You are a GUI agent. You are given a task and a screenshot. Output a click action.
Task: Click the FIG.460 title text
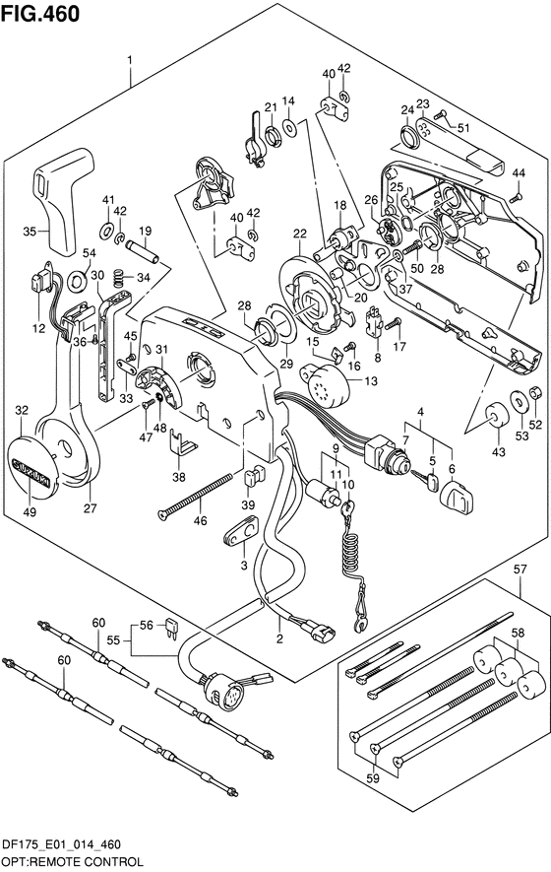point(40,14)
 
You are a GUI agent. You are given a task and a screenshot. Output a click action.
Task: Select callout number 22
point(300,235)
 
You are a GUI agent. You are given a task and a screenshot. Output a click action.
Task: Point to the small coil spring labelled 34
point(117,275)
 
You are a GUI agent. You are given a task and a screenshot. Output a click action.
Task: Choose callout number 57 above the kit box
point(520,569)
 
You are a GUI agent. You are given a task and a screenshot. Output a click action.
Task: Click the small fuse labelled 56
point(171,627)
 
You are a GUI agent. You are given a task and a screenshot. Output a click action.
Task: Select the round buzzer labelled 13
point(324,382)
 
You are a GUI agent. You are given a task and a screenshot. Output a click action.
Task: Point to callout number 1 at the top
point(130,59)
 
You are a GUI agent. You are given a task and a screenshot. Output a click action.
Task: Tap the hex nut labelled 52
point(535,392)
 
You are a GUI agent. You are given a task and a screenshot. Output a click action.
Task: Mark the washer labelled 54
point(76,281)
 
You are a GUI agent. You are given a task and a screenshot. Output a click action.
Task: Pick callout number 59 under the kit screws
point(373,778)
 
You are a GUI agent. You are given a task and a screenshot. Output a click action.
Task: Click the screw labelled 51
point(441,115)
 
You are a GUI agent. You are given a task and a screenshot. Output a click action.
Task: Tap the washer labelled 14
point(289,127)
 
